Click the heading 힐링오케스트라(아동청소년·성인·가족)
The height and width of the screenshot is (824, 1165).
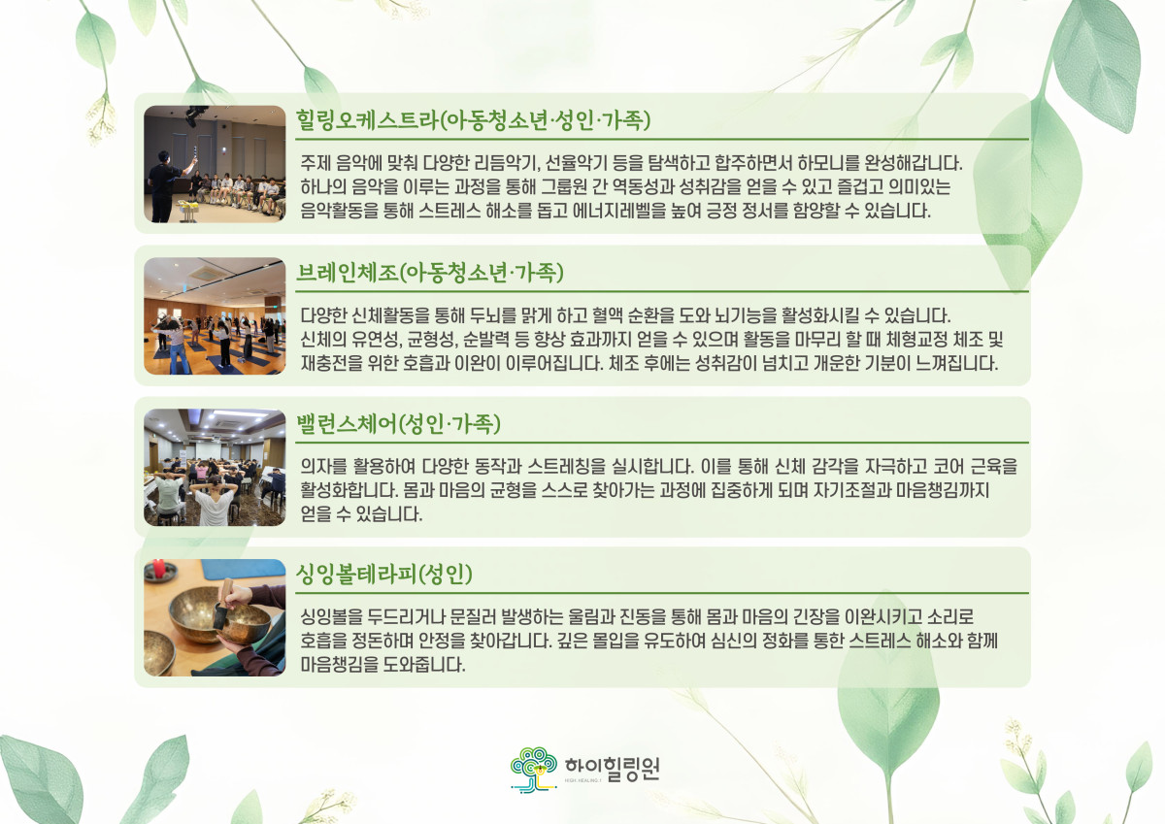click(x=473, y=120)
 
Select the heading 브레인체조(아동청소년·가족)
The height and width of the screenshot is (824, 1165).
click(x=429, y=273)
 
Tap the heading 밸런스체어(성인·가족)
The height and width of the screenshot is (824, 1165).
click(x=398, y=424)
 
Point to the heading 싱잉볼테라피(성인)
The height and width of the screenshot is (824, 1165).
click(x=383, y=574)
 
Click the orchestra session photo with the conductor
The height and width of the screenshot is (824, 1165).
click(x=215, y=164)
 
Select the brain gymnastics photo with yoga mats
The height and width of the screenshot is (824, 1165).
click(x=215, y=316)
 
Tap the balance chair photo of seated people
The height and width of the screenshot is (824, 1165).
click(x=215, y=468)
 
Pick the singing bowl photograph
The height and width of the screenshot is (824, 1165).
click(x=215, y=617)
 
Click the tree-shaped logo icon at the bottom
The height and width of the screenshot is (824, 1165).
click(x=533, y=770)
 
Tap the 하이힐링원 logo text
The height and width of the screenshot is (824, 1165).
click(x=613, y=769)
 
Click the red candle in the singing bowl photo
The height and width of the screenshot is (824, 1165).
click(x=159, y=568)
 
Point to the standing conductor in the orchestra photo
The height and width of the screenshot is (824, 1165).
click(x=169, y=185)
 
